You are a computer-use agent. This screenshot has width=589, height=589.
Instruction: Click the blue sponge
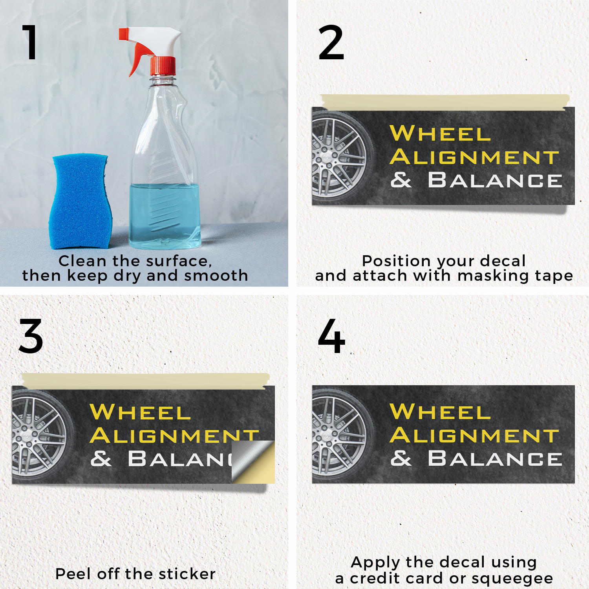80,201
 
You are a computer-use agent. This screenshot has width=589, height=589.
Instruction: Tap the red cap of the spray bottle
163,66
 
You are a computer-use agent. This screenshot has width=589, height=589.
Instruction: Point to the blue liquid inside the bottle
165,216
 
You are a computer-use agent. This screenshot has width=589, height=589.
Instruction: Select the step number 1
30,42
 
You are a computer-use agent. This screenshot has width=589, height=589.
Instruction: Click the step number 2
331,42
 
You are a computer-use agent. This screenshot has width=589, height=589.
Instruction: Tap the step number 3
31,336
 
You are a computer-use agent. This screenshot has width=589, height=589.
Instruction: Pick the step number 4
332,336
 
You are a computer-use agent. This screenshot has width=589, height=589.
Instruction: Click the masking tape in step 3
146,381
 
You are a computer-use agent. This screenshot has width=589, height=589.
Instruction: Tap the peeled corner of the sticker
253,462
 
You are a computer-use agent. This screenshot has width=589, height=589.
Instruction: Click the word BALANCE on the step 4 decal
495,459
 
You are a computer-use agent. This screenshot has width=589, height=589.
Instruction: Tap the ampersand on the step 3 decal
101,459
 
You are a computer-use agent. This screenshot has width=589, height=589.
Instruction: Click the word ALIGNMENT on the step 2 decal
474,157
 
